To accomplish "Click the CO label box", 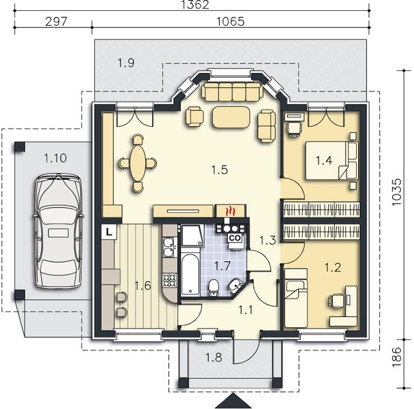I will (x=234, y=238).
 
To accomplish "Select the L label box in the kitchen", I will (x=109, y=232).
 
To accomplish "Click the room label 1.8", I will (x=213, y=357).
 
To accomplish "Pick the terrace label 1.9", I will (x=125, y=63).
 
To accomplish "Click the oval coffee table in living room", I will (x=231, y=117).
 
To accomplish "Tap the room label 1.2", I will (x=332, y=268).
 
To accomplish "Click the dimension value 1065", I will (x=231, y=21).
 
